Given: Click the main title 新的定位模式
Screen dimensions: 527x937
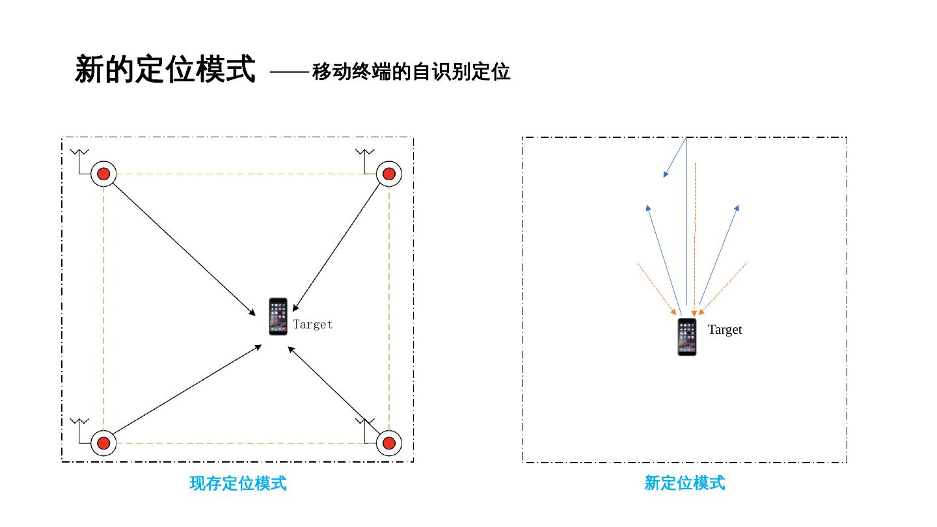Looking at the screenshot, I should [x=165, y=69].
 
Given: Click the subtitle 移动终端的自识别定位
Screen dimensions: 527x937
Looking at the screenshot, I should [x=411, y=72].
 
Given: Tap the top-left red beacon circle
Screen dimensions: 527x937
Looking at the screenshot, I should [x=103, y=174].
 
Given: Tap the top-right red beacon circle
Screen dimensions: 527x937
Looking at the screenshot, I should [x=389, y=174].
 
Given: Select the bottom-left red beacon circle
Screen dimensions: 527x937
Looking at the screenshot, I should [x=103, y=443].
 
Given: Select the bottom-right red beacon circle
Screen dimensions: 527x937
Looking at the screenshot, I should [x=389, y=443].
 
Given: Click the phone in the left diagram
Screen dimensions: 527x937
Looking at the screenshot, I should [x=278, y=317].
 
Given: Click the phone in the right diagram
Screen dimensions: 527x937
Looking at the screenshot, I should [x=687, y=337].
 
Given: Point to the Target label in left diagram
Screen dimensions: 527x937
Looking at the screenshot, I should [x=312, y=324].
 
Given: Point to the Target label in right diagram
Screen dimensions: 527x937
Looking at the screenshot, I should [x=725, y=329].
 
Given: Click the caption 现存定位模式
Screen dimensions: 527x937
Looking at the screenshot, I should [x=238, y=483].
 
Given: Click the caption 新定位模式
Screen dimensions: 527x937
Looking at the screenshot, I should [x=684, y=483].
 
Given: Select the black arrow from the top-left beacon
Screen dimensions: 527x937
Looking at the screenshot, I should [x=182, y=248].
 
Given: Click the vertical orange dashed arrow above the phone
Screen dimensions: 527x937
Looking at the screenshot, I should [x=695, y=241].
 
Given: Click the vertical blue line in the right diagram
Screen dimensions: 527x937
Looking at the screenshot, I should [x=686, y=228].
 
